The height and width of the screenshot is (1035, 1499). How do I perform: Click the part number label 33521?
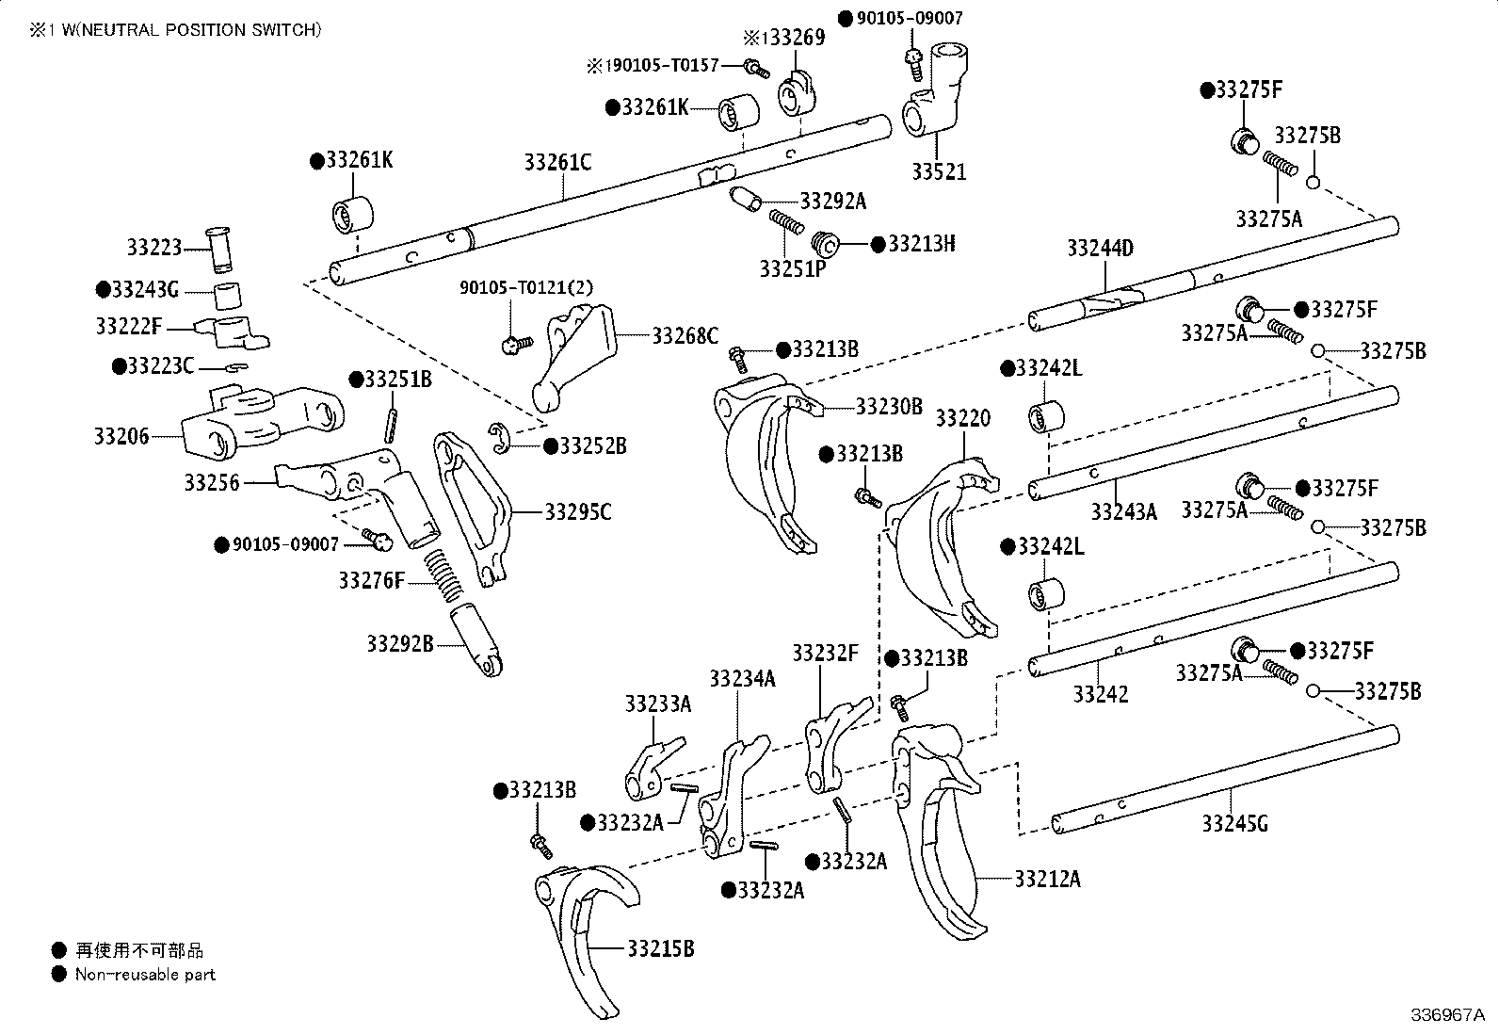tap(938, 173)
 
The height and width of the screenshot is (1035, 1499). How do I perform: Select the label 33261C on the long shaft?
tap(557, 163)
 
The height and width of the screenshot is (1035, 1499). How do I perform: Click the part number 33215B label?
tap(660, 948)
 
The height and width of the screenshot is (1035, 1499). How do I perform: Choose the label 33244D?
tap(1100, 249)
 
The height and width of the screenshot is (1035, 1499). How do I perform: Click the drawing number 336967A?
tap(1446, 1015)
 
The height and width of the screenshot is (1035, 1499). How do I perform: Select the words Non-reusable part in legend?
tap(145, 975)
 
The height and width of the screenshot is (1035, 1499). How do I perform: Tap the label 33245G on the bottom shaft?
tap(1234, 824)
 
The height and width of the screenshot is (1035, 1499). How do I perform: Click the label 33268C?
tap(685, 335)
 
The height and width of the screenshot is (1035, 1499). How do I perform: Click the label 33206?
tap(121, 436)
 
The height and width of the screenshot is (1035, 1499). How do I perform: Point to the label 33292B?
tap(400, 644)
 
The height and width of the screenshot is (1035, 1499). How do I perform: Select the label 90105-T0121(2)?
tap(525, 287)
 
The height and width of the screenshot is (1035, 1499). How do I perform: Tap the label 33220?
tap(962, 418)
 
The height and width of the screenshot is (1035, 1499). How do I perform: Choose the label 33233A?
tap(657, 704)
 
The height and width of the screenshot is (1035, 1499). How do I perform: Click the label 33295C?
tap(577, 512)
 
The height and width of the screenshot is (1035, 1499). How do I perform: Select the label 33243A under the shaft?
tap(1124, 512)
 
